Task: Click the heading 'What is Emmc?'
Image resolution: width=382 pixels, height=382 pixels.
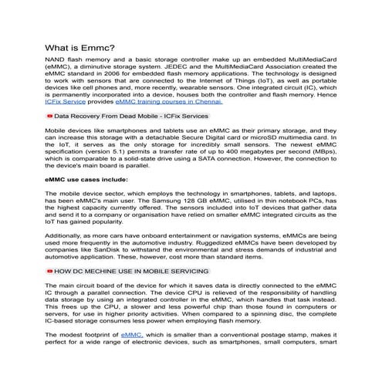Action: (x=80, y=47)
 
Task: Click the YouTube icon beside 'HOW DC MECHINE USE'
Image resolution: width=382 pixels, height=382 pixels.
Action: (x=50, y=272)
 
